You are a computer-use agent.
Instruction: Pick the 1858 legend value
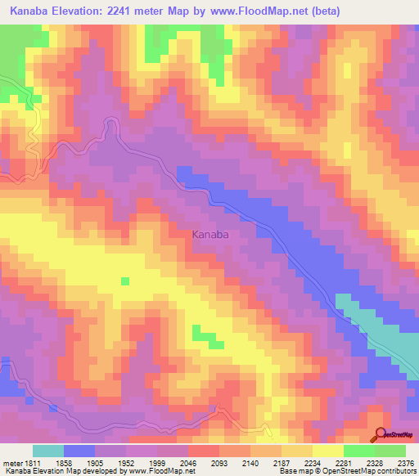[x=65, y=463]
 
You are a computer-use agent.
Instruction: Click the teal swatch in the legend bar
[x=48, y=451]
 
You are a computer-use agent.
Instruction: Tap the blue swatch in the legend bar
[x=79, y=451]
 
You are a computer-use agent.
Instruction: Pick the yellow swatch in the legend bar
[x=327, y=451]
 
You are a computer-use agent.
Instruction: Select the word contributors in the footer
[x=395, y=471]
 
